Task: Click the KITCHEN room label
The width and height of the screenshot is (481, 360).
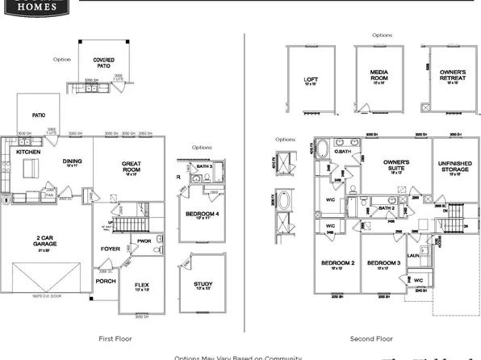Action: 29,151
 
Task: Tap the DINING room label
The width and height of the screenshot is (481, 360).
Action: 73,161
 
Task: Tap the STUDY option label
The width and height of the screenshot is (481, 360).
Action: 203,284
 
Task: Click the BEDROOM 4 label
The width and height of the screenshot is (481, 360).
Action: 203,213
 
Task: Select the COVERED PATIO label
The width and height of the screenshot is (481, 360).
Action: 103,61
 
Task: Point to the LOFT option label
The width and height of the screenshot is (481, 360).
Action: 310,79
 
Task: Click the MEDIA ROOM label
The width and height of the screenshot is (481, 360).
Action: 379,75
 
